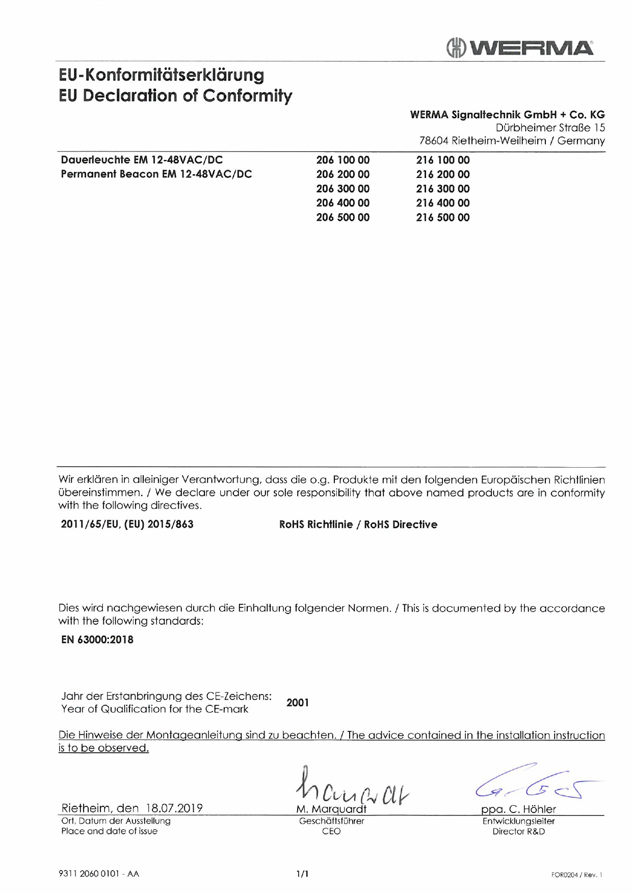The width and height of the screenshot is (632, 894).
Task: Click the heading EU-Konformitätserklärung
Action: click(x=162, y=75)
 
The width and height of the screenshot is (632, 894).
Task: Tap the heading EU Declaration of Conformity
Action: click(x=175, y=95)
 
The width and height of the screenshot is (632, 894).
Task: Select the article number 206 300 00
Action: click(x=343, y=189)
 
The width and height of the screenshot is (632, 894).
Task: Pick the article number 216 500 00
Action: click(x=442, y=217)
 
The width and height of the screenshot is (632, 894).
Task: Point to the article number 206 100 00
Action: click(x=343, y=160)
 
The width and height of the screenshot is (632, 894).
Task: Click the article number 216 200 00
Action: click(x=442, y=174)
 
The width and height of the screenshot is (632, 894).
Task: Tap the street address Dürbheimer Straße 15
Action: click(x=550, y=127)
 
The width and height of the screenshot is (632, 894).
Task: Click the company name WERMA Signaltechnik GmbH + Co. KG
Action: click(x=507, y=115)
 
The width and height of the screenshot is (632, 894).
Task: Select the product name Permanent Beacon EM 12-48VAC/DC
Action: click(x=156, y=174)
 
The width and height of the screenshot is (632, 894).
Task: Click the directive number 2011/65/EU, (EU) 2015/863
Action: click(x=127, y=524)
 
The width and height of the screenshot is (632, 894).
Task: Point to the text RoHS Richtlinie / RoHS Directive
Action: click(x=358, y=524)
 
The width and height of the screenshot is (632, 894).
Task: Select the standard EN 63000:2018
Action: click(x=97, y=640)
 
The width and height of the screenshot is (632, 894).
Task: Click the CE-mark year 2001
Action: click(x=298, y=703)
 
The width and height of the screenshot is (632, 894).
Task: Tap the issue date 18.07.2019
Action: click(x=174, y=808)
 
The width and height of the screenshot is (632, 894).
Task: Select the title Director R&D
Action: click(x=518, y=831)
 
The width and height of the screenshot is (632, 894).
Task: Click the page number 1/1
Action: click(x=302, y=874)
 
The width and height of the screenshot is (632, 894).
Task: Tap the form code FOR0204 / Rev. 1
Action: click(x=576, y=875)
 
